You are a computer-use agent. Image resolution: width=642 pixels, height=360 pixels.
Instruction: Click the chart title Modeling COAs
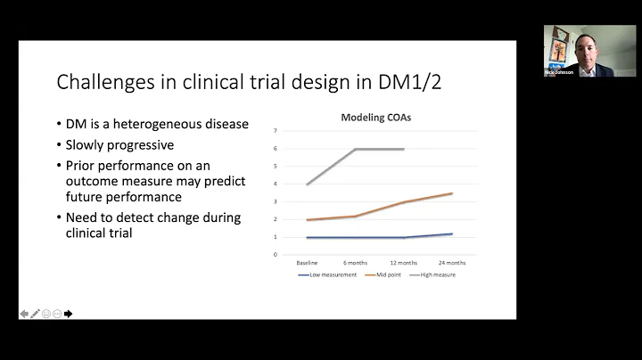[x=375, y=118]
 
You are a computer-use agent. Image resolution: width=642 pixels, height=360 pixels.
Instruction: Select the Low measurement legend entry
[x=332, y=275]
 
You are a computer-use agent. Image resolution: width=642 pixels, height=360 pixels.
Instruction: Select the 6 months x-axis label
[x=356, y=263]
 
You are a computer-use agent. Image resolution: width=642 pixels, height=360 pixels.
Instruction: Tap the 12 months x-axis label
[x=405, y=263]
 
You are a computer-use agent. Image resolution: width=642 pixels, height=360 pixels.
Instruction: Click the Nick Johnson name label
[x=563, y=72]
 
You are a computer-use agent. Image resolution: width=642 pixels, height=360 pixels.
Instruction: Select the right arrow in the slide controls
[x=69, y=313]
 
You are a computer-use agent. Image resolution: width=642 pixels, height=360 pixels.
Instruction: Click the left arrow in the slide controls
[x=24, y=313]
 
